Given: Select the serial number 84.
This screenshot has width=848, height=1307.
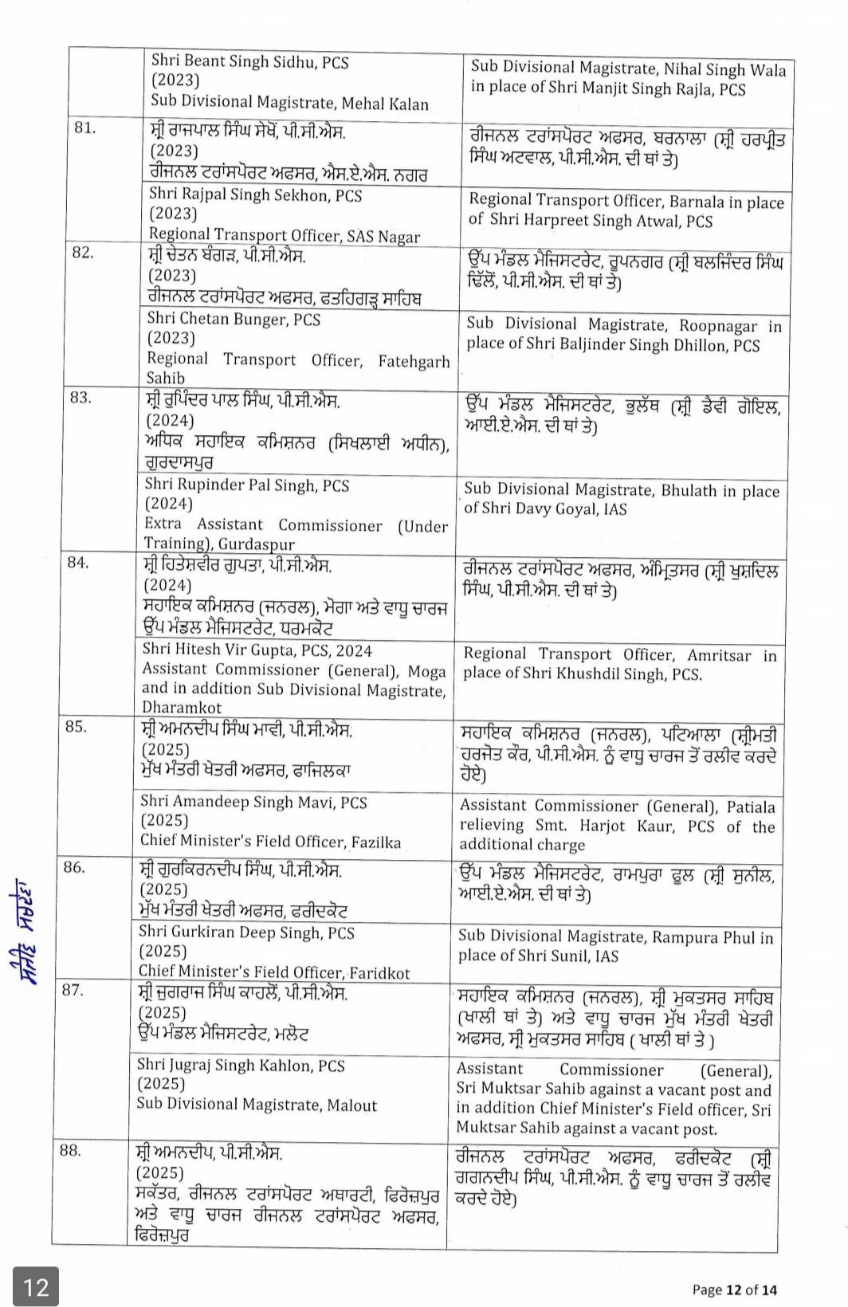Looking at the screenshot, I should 77,562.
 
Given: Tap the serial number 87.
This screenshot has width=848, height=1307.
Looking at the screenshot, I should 73,990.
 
